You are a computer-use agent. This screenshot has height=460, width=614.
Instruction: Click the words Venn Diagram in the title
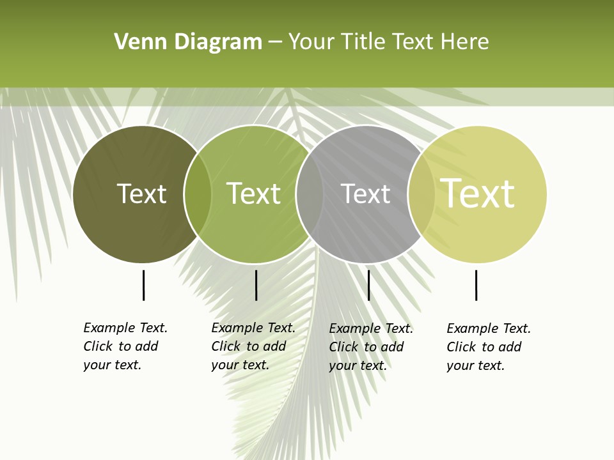[188, 42]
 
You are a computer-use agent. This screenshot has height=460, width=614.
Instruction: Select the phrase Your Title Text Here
[389, 42]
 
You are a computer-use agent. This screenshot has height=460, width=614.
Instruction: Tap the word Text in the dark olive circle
[141, 194]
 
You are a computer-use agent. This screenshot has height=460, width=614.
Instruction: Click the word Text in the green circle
[254, 194]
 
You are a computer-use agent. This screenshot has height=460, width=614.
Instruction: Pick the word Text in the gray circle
[365, 194]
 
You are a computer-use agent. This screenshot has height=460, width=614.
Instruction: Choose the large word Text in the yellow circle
[478, 194]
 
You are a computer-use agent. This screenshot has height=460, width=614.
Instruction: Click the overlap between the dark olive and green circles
[198, 194]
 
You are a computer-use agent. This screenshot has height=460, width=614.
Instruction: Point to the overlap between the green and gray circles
[310, 194]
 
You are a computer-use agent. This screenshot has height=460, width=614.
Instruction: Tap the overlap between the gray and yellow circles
[421, 194]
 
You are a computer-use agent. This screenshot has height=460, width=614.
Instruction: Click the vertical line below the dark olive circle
[144, 285]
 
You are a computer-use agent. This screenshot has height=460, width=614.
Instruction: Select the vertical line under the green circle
[256, 285]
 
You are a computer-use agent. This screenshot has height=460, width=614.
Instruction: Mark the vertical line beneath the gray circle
[368, 285]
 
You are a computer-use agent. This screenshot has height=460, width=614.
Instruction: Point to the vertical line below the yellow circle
[476, 285]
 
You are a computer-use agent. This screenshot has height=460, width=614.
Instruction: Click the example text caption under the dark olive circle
[125, 346]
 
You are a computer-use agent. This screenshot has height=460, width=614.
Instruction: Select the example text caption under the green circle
[253, 346]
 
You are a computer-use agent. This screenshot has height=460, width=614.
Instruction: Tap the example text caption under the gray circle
[371, 347]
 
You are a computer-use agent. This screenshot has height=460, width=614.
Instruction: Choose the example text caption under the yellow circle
[489, 347]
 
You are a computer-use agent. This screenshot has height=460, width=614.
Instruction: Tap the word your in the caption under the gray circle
[342, 365]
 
